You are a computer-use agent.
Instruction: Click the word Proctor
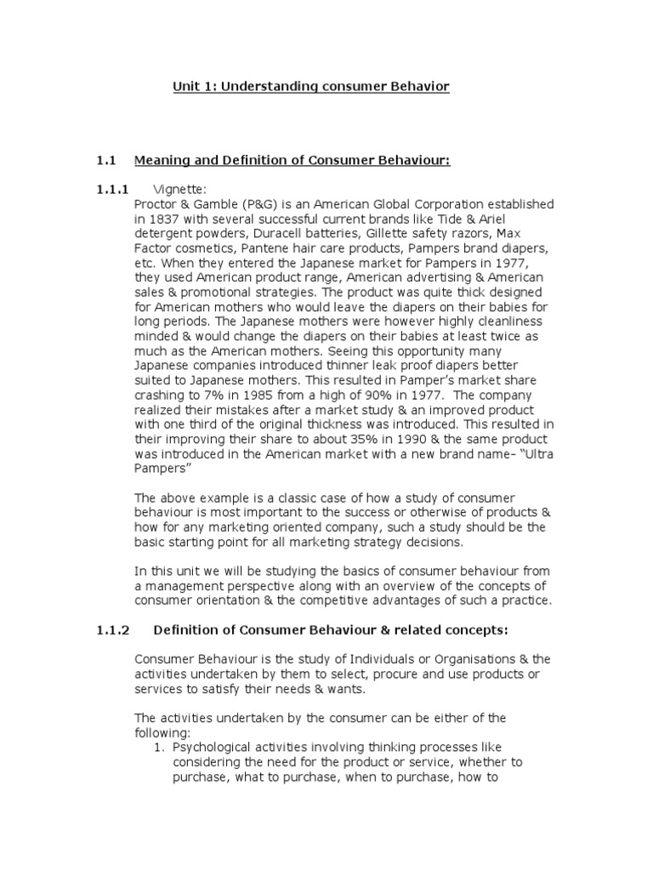pos(158,204)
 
